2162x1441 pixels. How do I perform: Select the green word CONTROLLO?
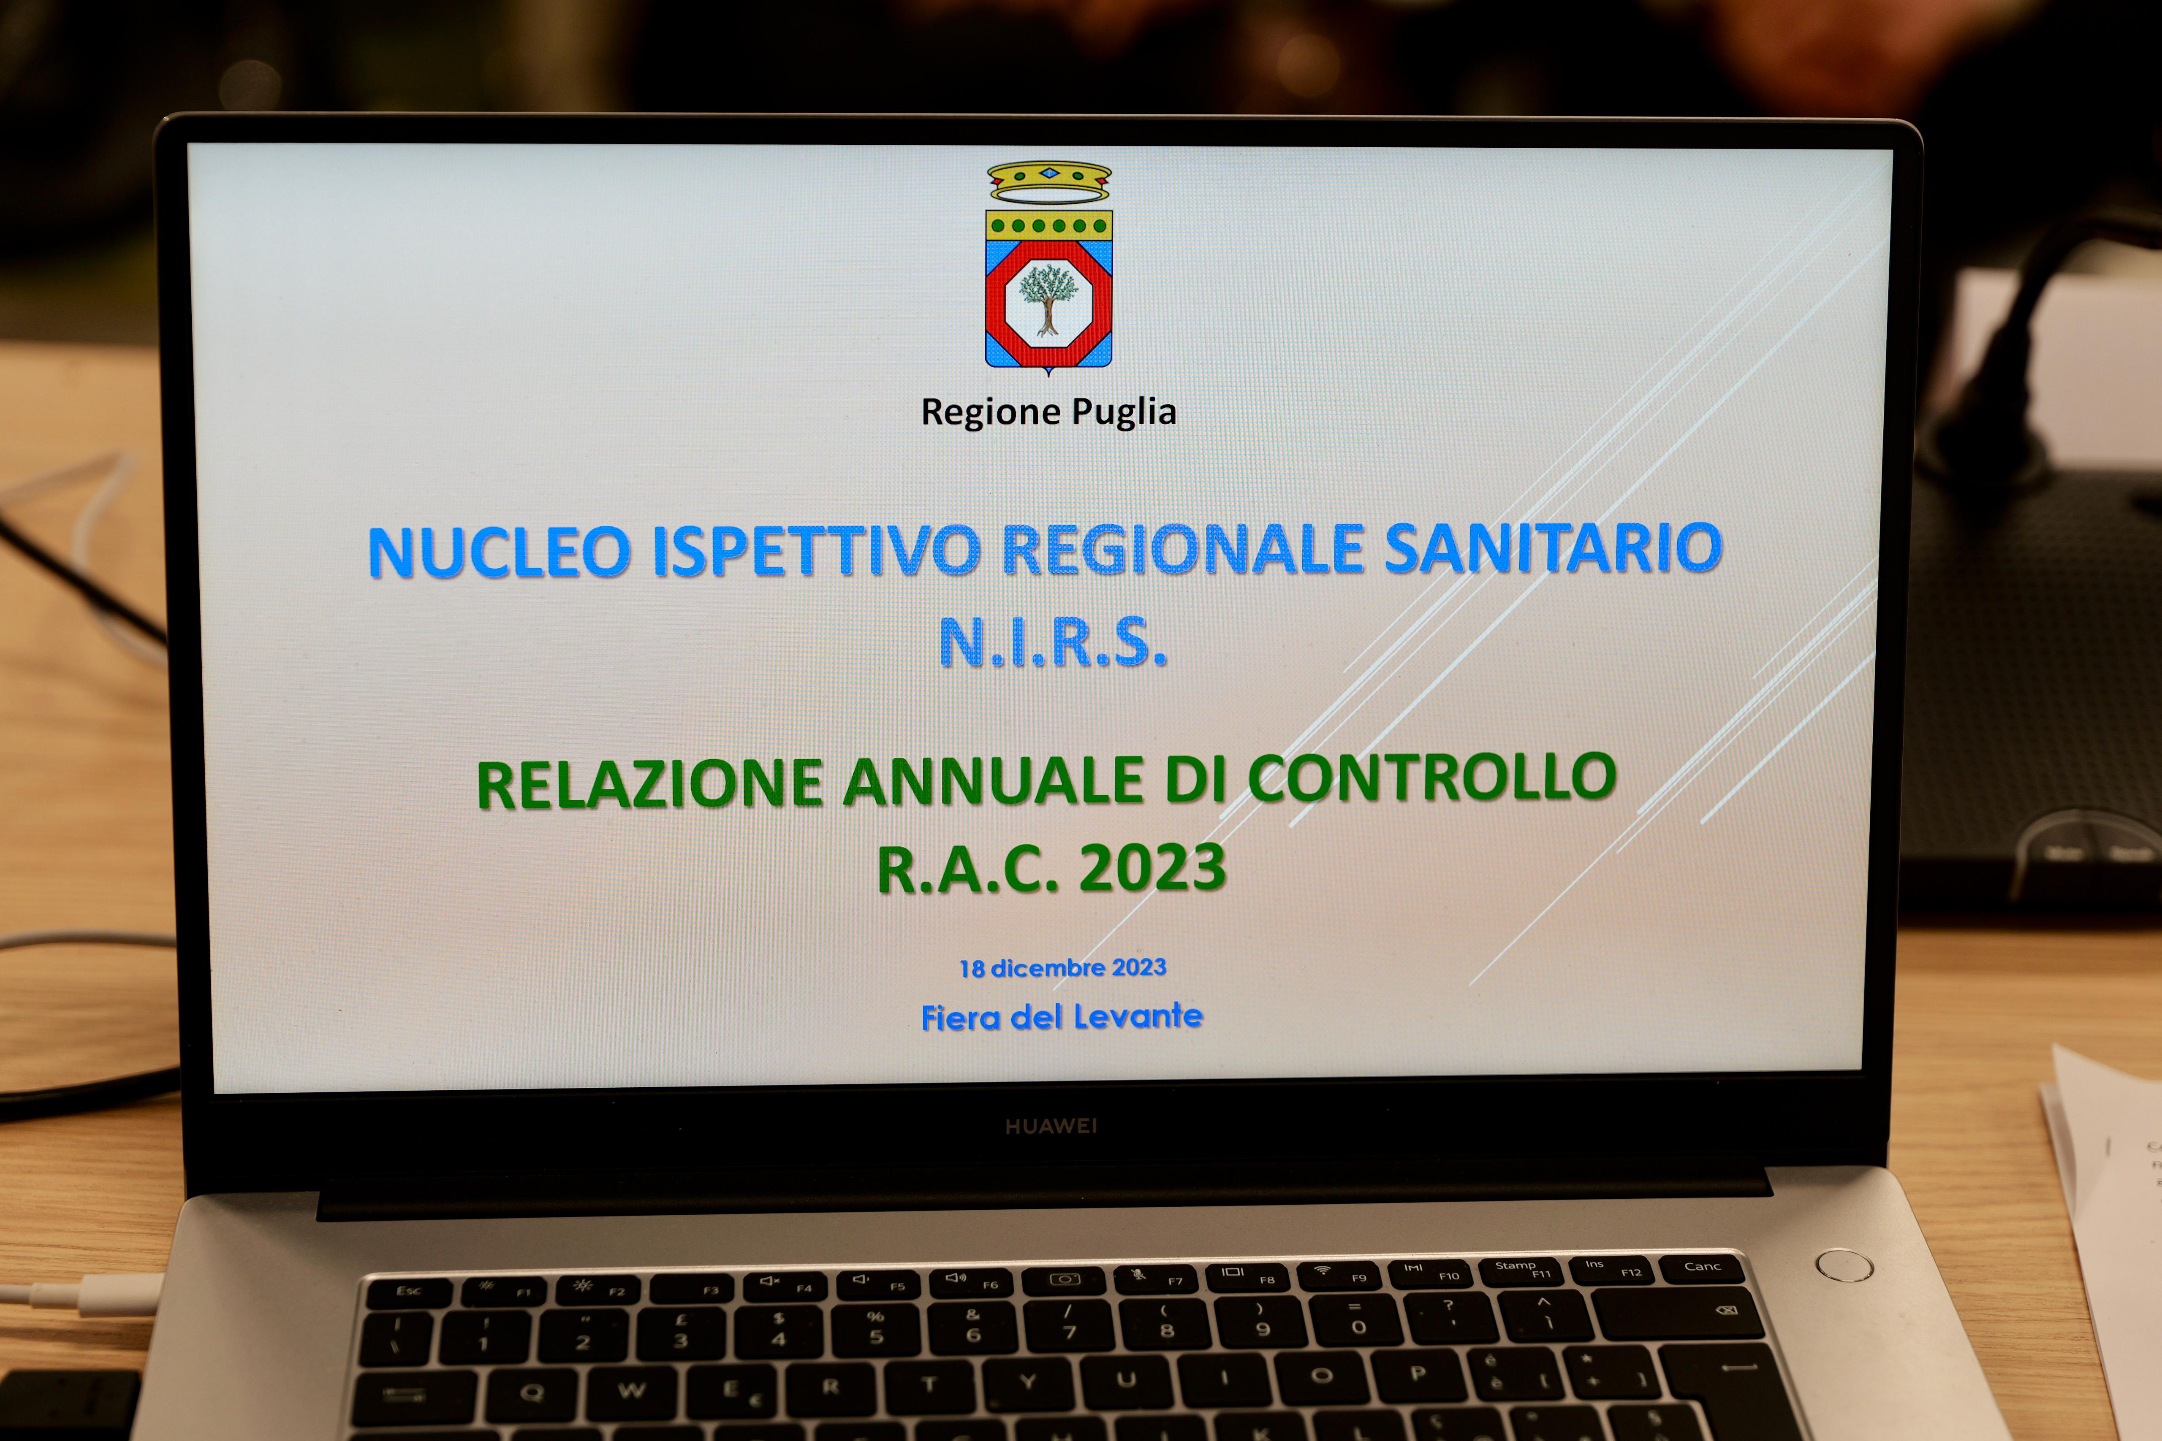point(1432,777)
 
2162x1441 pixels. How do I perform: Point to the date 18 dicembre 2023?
point(1062,968)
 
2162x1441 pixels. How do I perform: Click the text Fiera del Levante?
point(1062,1016)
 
